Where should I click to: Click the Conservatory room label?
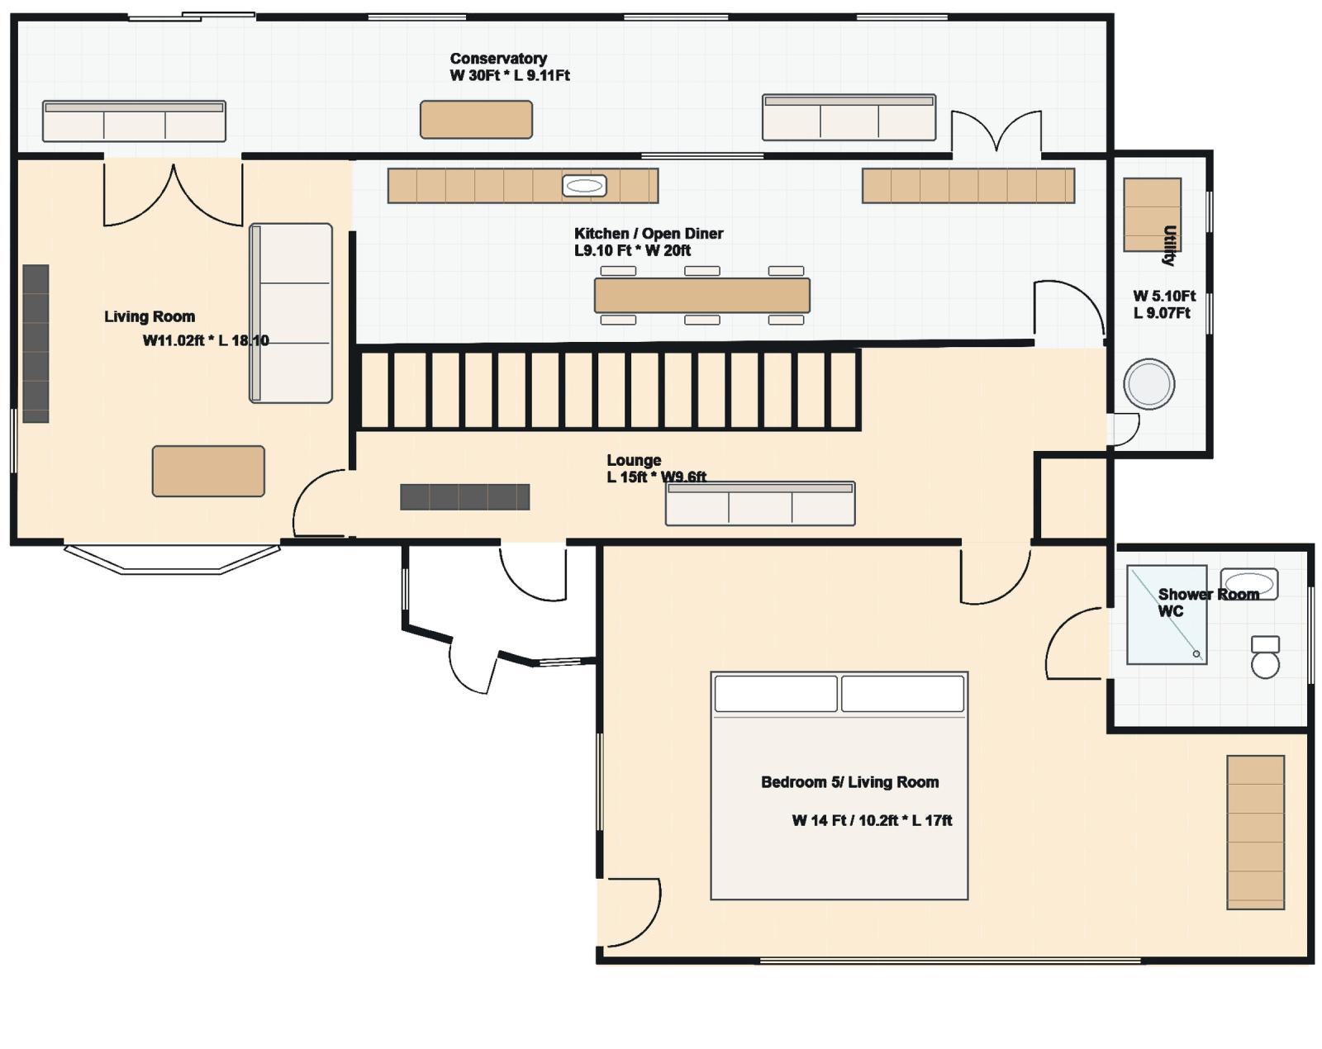pyautogui.click(x=498, y=59)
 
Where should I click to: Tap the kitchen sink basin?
pyautogui.click(x=583, y=186)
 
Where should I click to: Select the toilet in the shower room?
pyautogui.click(x=1266, y=657)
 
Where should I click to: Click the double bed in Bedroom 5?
pyautogui.click(x=839, y=786)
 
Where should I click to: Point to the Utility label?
pyautogui.click(x=1170, y=245)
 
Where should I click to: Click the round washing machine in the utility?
pyautogui.click(x=1148, y=384)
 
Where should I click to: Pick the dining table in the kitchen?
pyautogui.click(x=701, y=296)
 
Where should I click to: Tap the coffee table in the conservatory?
pyautogui.click(x=476, y=119)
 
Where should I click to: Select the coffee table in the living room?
pyautogui.click(x=208, y=471)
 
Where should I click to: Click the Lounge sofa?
pyautogui.click(x=760, y=504)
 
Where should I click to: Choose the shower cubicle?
pyautogui.click(x=1167, y=615)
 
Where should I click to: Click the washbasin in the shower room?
pyautogui.click(x=1249, y=583)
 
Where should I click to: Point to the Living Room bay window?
pyautogui.click(x=172, y=559)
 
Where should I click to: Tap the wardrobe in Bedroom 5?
pyautogui.click(x=1256, y=833)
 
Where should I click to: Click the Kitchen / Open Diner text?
pyautogui.click(x=648, y=234)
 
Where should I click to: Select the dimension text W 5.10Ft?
pyautogui.click(x=1164, y=296)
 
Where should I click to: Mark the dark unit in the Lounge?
pyautogui.click(x=465, y=497)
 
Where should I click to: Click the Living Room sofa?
pyautogui.click(x=291, y=313)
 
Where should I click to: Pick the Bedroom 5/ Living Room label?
pyautogui.click(x=849, y=782)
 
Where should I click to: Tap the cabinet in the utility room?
pyautogui.click(x=1153, y=215)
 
